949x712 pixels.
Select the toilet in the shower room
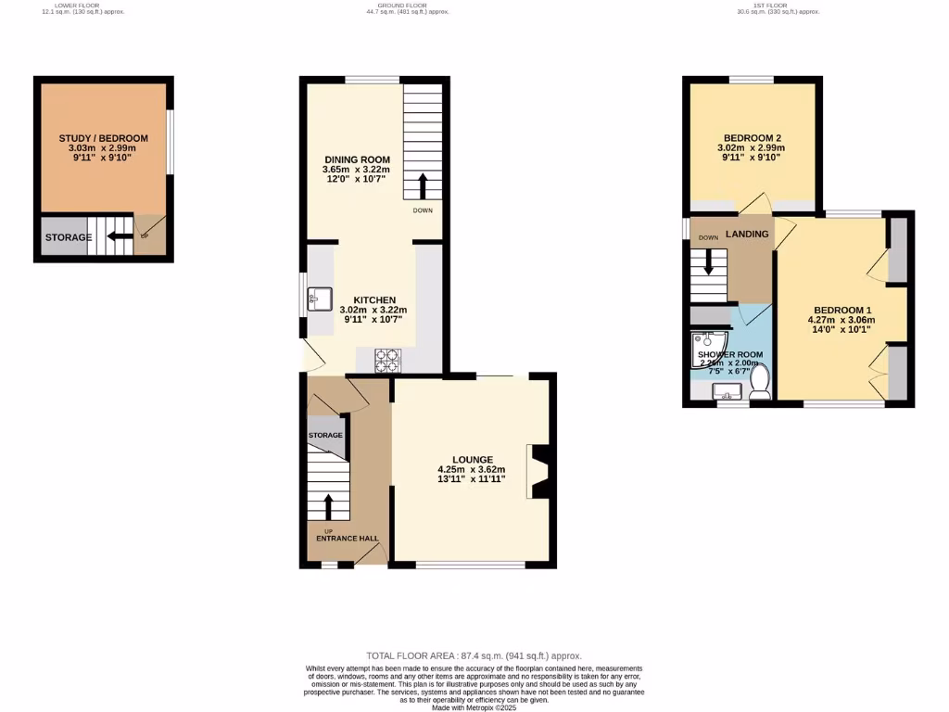tap(760, 381)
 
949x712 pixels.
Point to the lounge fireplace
tap(538, 470)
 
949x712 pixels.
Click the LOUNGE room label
tap(472, 459)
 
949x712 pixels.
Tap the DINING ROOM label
tap(356, 159)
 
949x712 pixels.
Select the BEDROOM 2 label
tap(752, 137)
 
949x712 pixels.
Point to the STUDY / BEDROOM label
tap(103, 138)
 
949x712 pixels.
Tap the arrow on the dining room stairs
tap(423, 186)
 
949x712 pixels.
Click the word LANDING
tap(747, 235)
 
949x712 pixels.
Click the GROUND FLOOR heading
tap(407, 6)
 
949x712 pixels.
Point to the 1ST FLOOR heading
tap(769, 6)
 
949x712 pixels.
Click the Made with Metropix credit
tap(474, 707)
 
